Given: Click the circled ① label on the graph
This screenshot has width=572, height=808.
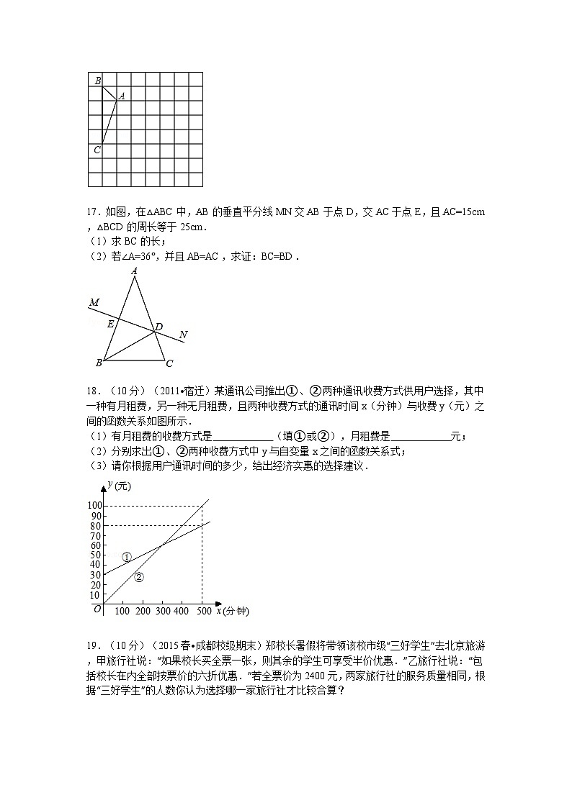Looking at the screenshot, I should point(127,557).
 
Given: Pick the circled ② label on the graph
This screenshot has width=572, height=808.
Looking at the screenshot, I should point(139,576).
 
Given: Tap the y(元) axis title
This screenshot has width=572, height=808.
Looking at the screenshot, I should point(119,487).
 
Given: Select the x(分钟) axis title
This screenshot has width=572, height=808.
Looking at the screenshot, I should point(231,612).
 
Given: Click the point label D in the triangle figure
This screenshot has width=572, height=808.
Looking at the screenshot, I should point(158,327).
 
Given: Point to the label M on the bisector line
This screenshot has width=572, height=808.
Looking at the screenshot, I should point(94,303).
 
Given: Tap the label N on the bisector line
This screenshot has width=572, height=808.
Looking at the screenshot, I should point(183,335).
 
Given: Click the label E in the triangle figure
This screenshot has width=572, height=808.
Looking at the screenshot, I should point(111,324).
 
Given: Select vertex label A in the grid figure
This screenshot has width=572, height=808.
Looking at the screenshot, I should point(122,96).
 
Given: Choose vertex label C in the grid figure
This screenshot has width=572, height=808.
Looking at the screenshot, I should point(97,150).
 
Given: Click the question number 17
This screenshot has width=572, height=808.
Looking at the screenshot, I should point(91,212).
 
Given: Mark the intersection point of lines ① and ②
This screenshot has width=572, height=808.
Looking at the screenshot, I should point(162,545).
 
